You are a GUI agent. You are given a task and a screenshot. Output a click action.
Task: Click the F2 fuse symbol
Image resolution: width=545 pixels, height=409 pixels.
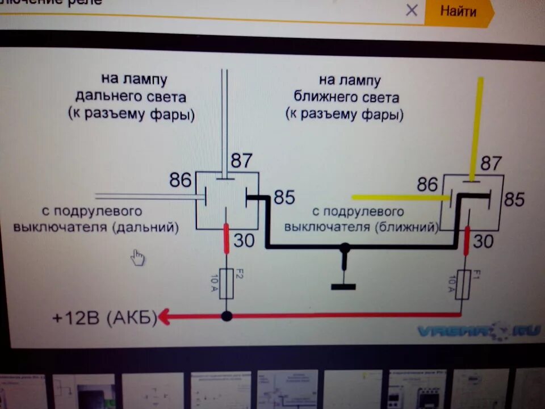coord(227,284)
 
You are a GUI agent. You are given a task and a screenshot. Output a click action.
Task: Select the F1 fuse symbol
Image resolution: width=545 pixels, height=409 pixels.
coord(464,285)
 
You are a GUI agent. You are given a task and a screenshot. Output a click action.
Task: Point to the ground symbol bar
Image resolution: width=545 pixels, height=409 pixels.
coord(343,286)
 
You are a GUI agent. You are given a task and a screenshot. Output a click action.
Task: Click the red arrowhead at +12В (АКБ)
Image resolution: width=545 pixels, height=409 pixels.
coord(163,316)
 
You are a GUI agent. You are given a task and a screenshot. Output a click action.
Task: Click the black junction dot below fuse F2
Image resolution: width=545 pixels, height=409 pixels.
coord(227,316)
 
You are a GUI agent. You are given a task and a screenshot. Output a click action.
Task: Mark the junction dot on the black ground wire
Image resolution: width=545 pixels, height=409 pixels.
coord(344,248)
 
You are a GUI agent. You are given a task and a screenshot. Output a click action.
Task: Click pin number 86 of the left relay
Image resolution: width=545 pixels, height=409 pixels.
coord(181,181)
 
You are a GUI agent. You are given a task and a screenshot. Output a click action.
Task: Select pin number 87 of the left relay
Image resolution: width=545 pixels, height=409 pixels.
coord(241,161)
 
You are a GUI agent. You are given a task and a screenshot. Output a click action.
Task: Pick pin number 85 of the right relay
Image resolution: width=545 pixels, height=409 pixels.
coord(514,199)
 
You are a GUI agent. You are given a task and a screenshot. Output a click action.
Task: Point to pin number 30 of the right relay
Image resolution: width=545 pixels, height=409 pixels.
coord(483,241)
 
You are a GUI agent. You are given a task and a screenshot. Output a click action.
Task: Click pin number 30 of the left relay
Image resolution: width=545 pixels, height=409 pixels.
coord(244,240)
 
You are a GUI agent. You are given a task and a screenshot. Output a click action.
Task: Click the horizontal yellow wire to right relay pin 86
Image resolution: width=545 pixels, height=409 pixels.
coord(397,197)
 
